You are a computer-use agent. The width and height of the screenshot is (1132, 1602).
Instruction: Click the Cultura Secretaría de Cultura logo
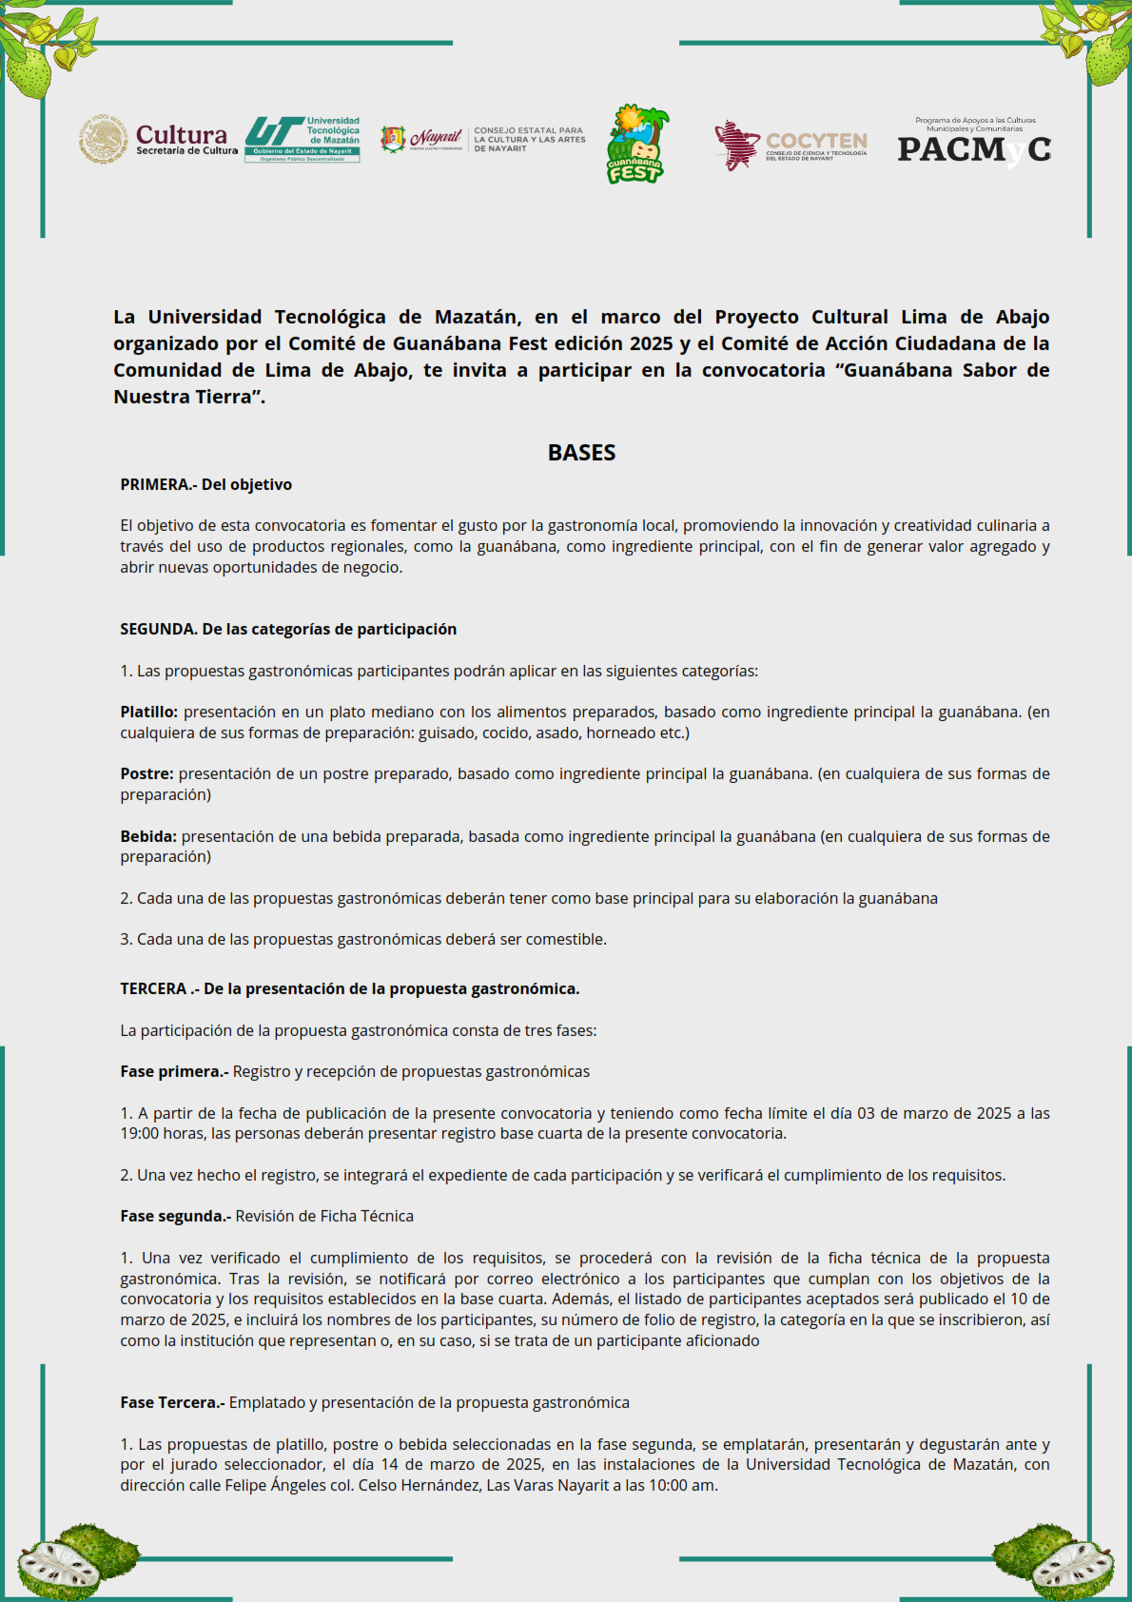point(159,140)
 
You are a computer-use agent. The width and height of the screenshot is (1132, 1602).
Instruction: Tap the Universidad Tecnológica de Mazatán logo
point(303,140)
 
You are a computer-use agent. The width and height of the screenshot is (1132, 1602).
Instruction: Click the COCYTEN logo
point(790,146)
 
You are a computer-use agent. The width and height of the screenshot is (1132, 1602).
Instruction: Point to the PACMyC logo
point(974,144)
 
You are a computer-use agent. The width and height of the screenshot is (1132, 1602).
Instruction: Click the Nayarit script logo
point(435,139)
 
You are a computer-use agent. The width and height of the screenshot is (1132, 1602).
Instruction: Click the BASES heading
point(581,453)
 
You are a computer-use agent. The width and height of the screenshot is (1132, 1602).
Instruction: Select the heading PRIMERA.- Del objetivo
point(205,485)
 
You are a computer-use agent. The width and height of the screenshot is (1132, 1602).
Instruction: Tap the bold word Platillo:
point(148,713)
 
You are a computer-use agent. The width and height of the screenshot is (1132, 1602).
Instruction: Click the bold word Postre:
point(146,774)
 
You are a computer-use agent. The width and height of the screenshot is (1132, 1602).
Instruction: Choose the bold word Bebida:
point(148,837)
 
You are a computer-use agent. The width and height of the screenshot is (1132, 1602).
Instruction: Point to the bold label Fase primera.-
point(174,1072)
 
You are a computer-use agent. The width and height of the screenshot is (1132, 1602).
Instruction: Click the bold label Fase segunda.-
point(176,1217)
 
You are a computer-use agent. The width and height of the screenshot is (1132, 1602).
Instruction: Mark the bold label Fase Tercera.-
point(172,1403)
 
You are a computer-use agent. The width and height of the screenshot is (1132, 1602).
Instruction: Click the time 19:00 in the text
point(139,1134)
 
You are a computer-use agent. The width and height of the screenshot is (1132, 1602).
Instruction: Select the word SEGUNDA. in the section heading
point(159,630)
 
